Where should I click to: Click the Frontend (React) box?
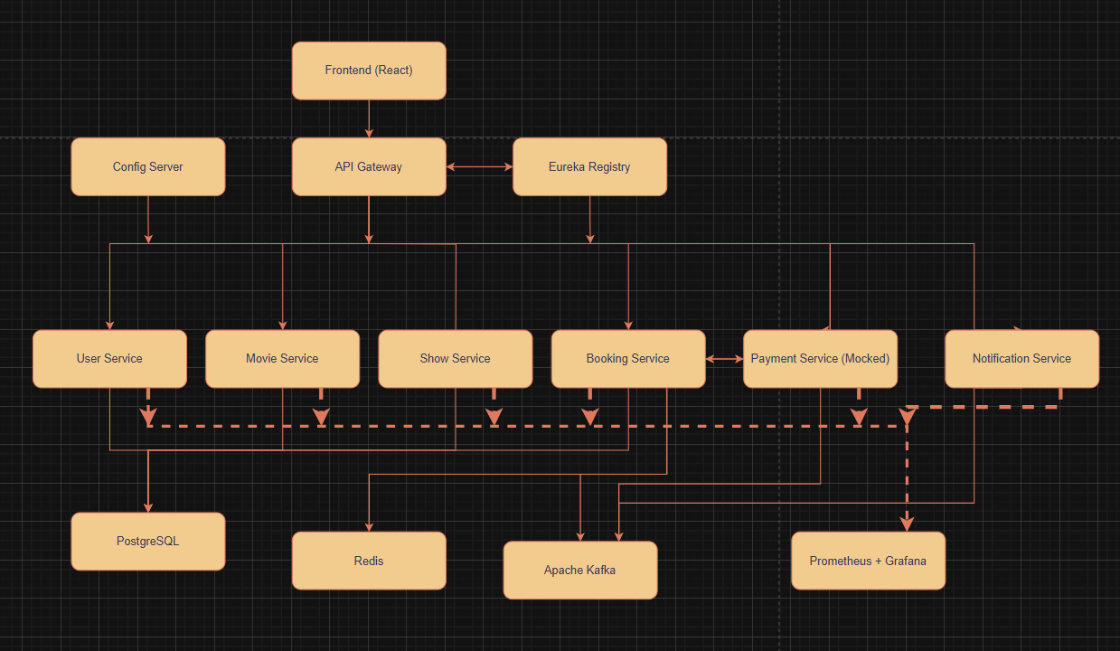point(369,71)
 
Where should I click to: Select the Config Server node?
point(148,167)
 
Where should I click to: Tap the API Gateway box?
point(369,167)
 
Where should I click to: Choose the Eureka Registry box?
point(589,167)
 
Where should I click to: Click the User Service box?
point(109,359)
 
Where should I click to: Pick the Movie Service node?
point(282,359)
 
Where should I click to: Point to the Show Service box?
point(455,359)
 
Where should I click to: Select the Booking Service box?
point(628,359)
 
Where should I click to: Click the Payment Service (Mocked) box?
point(820,359)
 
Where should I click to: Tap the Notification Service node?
point(1021,359)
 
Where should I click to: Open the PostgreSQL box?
point(148,542)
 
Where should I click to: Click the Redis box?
point(369,561)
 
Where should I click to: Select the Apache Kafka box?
point(580,571)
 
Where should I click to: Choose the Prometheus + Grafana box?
point(868,561)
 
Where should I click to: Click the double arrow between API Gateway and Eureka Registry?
point(479,167)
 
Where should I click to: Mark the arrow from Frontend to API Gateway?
point(369,118)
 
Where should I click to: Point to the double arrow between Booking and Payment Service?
point(724,359)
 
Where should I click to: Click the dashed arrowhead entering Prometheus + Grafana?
point(907,524)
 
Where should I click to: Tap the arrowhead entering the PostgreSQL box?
point(148,506)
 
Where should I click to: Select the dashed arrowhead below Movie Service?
point(321,417)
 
